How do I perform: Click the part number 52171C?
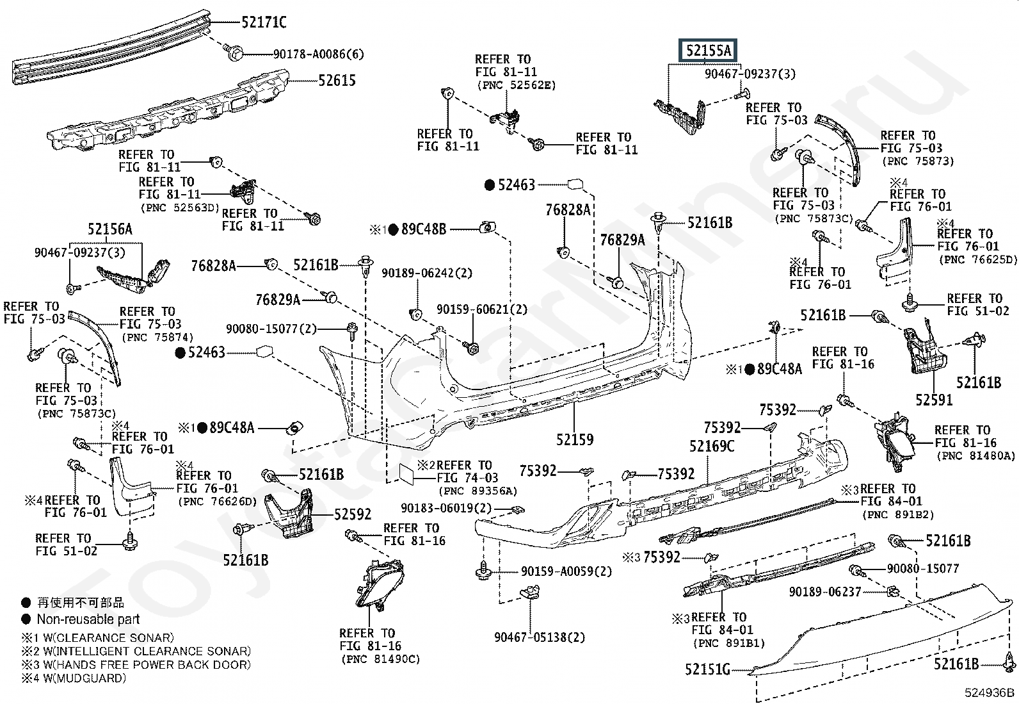[264, 23]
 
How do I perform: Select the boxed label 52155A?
[707, 51]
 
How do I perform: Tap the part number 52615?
[337, 81]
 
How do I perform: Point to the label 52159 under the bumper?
[574, 439]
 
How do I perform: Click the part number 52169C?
[711, 446]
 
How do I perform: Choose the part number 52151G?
[707, 669]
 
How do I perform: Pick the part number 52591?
[933, 400]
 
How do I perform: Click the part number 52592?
[353, 514]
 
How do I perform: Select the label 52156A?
[109, 229]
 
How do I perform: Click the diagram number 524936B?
[990, 693]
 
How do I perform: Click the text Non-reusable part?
[88, 619]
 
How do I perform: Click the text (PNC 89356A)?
[477, 491]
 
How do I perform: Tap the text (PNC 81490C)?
[380, 659]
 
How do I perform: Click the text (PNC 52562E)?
[516, 85]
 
